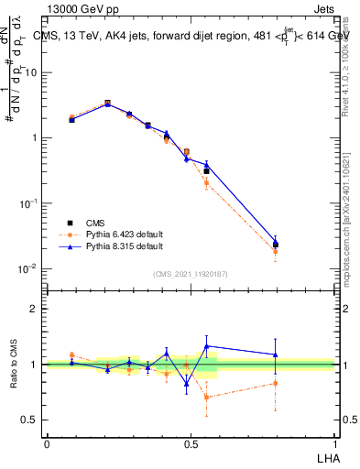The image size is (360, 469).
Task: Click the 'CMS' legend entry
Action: point(94,223)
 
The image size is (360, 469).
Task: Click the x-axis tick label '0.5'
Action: point(191,444)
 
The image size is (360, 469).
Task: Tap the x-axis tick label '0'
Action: point(47,444)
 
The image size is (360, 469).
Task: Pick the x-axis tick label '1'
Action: point(334,444)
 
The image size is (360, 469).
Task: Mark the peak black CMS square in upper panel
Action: point(107,104)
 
